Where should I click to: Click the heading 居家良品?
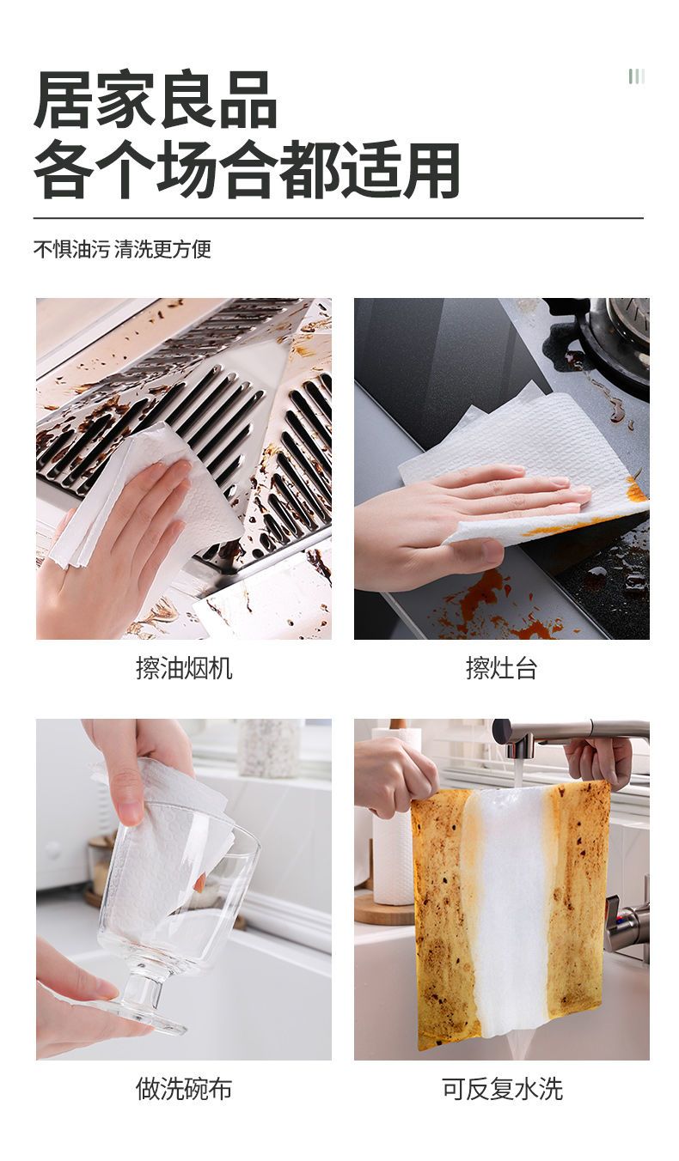click(x=156, y=100)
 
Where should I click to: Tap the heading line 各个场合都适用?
click(x=247, y=169)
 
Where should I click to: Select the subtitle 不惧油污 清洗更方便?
click(x=122, y=249)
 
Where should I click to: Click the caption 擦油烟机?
click(x=184, y=668)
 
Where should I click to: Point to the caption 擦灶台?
click(x=502, y=668)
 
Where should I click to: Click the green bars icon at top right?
click(x=637, y=76)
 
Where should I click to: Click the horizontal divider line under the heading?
click(x=339, y=218)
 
